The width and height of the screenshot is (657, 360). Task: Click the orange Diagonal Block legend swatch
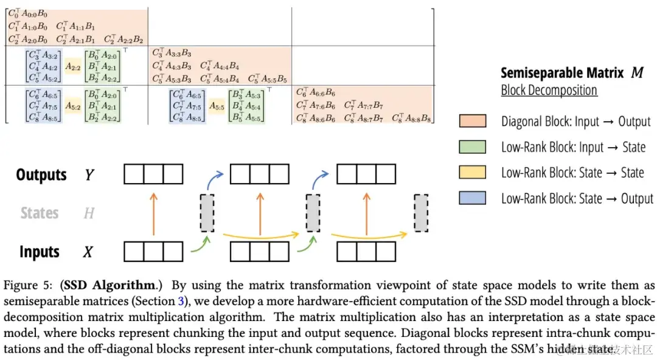tap(473, 121)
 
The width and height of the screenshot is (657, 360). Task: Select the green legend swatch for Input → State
tap(473, 147)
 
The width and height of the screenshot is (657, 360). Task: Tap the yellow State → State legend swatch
tap(473, 172)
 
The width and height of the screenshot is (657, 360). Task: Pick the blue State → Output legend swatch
tap(473, 198)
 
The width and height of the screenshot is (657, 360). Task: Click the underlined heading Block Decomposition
tap(549, 91)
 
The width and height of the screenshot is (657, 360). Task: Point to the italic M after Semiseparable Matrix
tap(637, 73)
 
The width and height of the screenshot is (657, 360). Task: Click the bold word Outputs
tap(41, 175)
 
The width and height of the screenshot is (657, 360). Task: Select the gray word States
tap(40, 213)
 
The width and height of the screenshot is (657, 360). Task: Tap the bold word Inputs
tap(39, 251)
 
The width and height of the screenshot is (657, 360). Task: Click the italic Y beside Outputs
tap(89, 175)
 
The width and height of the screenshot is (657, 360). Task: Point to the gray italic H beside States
tap(88, 213)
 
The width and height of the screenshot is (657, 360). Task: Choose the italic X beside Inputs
tap(88, 252)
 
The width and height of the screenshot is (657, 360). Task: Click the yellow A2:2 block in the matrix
tap(74, 67)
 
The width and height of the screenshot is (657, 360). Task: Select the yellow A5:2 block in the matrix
tap(74, 106)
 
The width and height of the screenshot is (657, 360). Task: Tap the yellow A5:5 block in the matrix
tap(217, 106)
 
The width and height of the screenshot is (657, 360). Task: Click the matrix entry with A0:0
tap(28, 13)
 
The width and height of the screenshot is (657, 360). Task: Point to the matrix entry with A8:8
tap(412, 118)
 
